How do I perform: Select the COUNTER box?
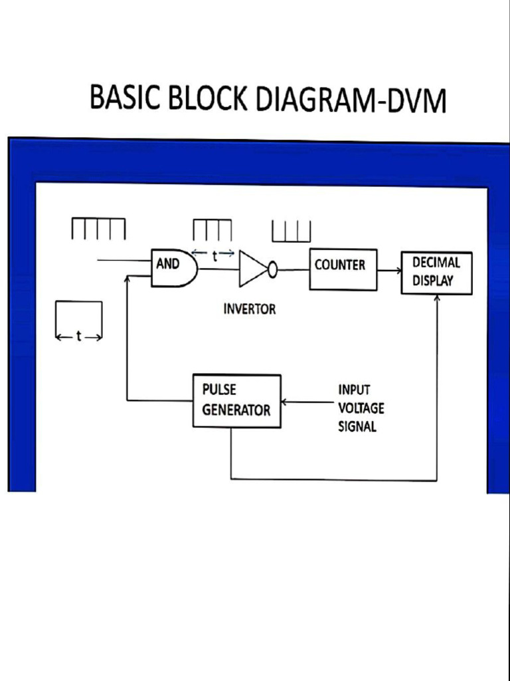(343, 269)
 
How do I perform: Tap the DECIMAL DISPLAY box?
(436, 273)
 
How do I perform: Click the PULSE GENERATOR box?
(236, 400)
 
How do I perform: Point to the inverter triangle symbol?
(253, 269)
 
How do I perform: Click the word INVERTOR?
(249, 309)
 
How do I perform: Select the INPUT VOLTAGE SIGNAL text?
(361, 408)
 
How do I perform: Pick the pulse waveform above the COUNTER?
(291, 231)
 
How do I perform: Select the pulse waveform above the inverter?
(212, 230)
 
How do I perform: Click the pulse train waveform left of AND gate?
(98, 229)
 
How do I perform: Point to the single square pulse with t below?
(79, 314)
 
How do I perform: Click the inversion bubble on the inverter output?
(272, 269)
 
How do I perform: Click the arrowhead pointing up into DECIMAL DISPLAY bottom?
(437, 298)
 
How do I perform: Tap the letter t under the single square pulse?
(78, 337)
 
